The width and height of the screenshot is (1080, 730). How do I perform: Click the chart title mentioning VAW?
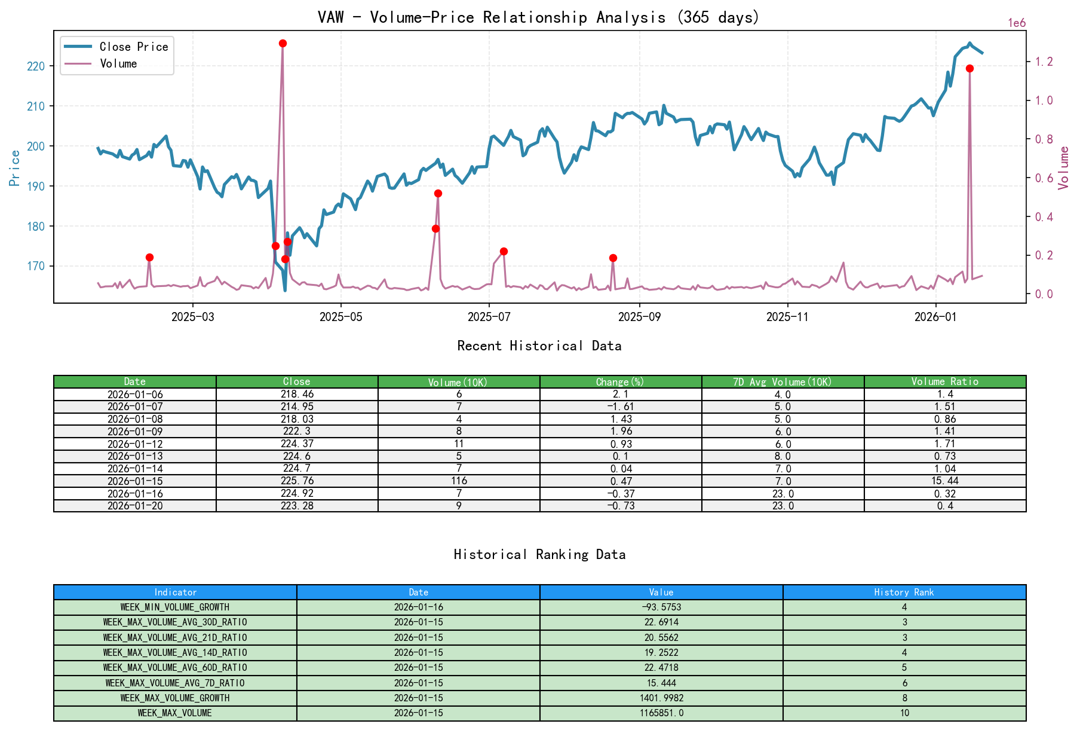(538, 17)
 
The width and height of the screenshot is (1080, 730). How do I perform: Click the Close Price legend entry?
(133, 47)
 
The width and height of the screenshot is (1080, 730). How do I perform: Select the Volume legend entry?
(118, 63)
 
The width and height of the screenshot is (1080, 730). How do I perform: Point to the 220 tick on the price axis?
(36, 66)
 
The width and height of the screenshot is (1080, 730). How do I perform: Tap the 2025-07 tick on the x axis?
(489, 317)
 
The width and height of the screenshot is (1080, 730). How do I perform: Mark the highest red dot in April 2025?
(283, 44)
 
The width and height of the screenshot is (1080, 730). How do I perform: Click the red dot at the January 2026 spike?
(969, 69)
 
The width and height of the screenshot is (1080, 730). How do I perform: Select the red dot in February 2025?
(149, 257)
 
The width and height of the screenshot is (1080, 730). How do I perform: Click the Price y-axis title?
(15, 167)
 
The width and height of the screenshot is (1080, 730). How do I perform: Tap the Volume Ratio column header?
(944, 381)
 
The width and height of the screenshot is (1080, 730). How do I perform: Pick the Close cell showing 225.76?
(297, 481)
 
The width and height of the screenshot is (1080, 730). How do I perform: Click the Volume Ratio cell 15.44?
(944, 481)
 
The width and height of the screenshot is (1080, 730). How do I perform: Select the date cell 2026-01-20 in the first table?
(135, 506)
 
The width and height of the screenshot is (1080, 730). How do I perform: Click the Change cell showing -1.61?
(621, 407)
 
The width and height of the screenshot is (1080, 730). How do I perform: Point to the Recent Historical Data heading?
(539, 346)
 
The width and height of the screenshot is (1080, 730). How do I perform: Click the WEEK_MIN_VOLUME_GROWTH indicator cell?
(175, 607)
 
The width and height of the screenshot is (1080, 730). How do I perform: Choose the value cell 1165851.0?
(661, 713)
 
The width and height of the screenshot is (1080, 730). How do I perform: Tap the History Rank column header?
(904, 592)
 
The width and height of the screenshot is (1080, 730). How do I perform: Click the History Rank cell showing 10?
(904, 713)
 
